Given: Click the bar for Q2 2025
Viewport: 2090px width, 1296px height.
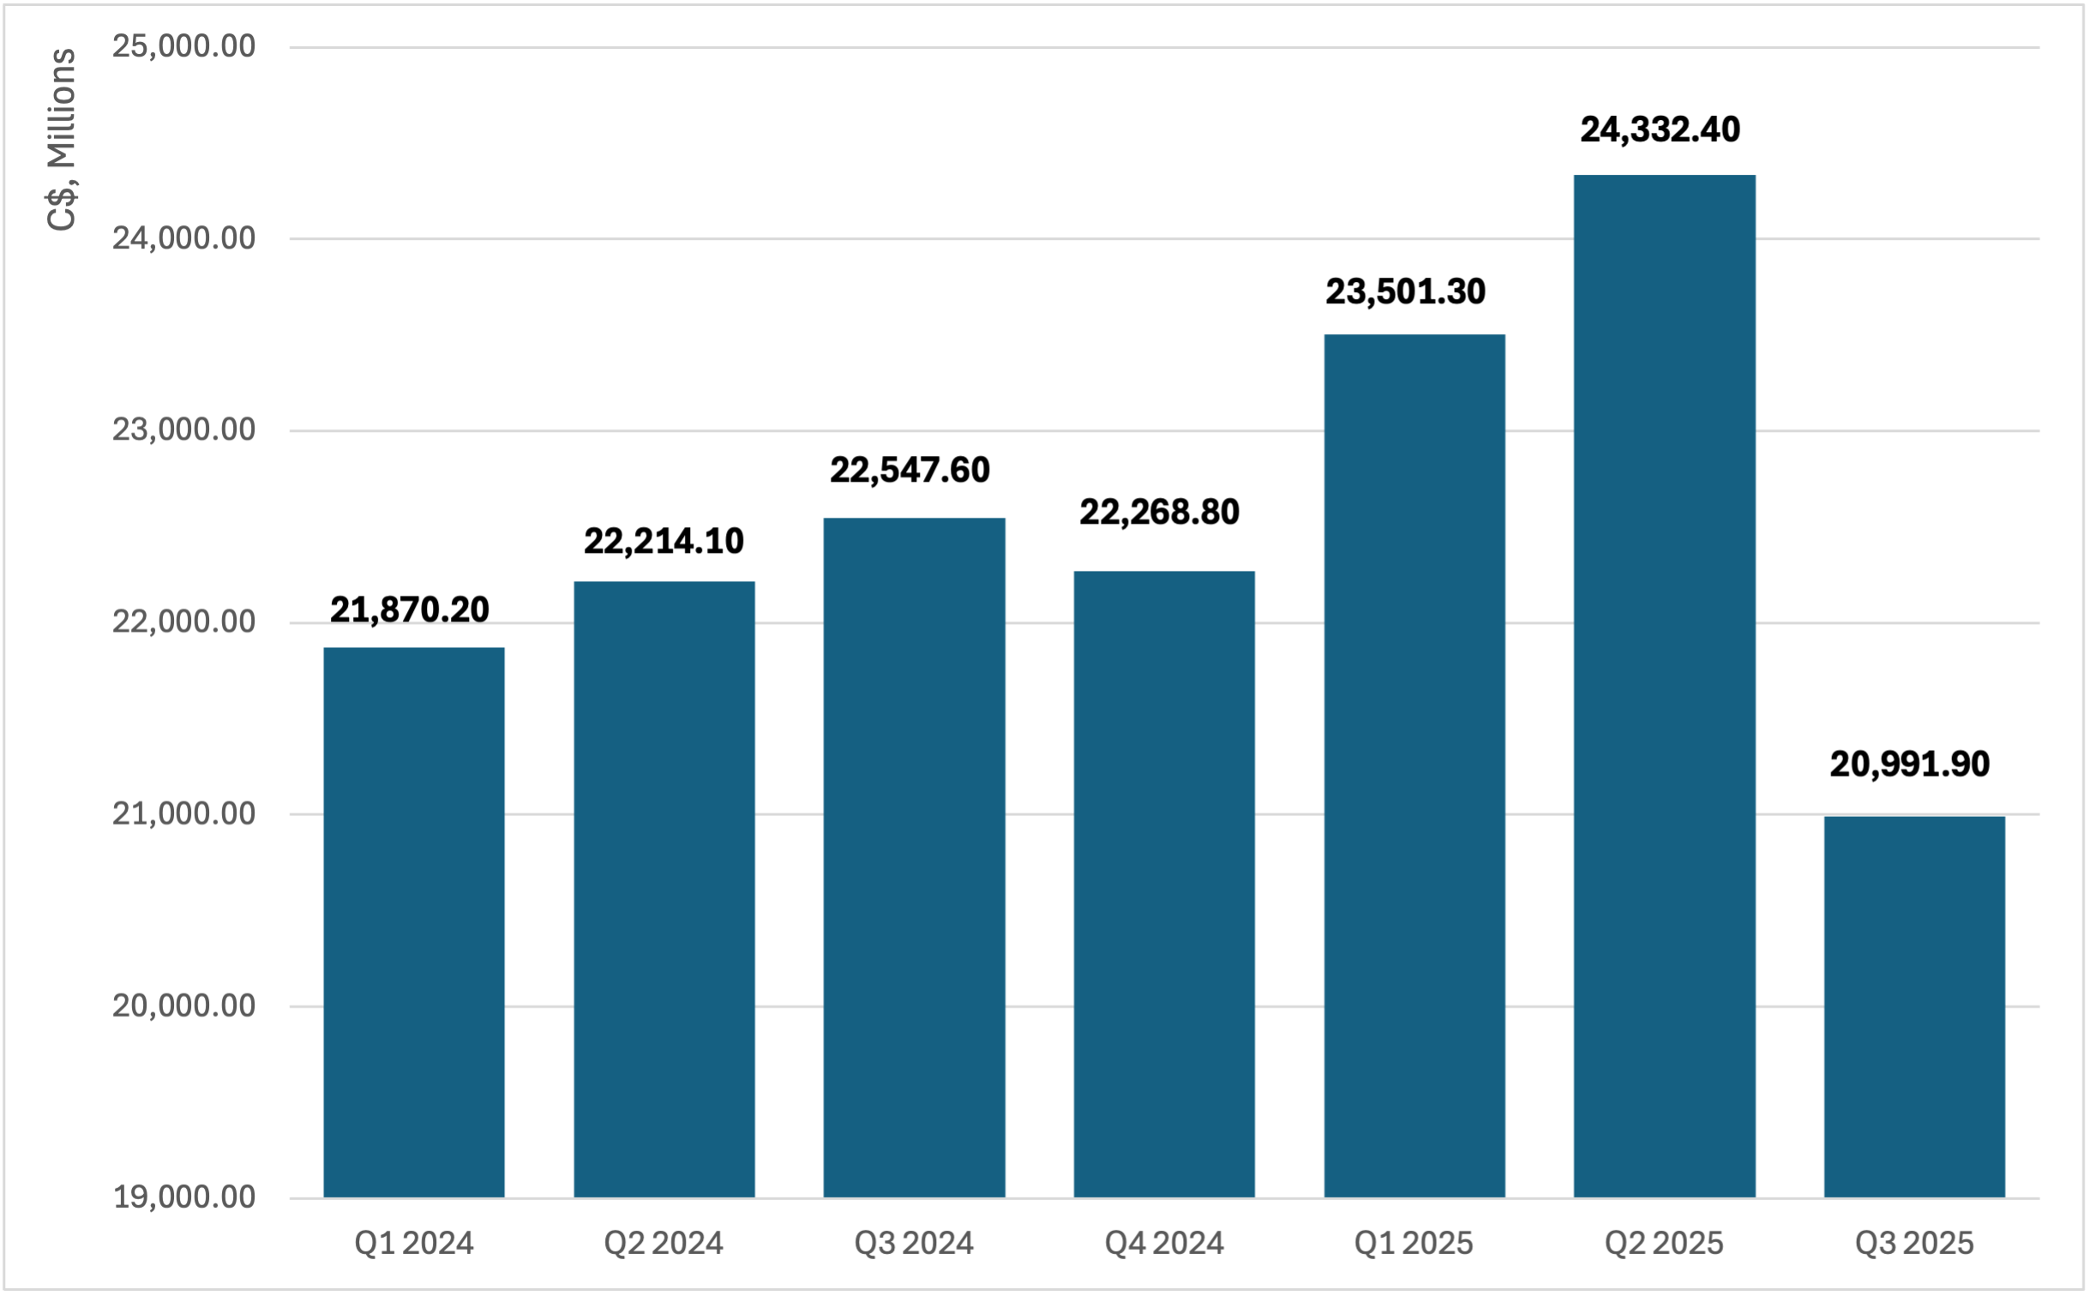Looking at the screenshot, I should [1664, 686].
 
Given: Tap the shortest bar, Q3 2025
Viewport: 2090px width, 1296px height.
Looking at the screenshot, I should [1914, 1006].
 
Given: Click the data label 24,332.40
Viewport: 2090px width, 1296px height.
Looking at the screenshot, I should [1660, 130].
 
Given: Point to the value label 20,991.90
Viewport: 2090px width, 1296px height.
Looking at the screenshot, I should [1909, 765].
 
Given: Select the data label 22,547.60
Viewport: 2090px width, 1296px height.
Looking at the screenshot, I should [910, 471].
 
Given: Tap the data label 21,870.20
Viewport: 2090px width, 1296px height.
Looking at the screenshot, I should [410, 610].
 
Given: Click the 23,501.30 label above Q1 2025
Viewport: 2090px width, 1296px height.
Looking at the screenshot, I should [1405, 292].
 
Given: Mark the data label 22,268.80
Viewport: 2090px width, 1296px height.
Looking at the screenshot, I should [1159, 513].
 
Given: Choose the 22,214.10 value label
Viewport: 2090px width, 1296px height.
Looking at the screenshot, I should [664, 542].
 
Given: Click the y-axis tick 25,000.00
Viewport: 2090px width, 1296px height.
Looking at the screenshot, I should [183, 46].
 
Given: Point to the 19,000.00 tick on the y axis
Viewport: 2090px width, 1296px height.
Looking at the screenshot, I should [183, 1197].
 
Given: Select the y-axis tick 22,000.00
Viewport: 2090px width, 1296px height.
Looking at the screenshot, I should [183, 621].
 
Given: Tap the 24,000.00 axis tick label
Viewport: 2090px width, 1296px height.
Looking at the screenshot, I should [183, 238].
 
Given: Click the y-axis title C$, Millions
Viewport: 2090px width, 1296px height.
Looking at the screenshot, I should [62, 139].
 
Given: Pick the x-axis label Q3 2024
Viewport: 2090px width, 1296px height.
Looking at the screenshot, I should [914, 1244].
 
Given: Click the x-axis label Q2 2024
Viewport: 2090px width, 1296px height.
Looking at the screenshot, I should [664, 1244].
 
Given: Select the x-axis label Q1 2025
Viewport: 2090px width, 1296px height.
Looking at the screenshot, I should [1414, 1244].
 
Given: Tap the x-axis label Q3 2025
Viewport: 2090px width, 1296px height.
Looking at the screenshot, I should [1914, 1244].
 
